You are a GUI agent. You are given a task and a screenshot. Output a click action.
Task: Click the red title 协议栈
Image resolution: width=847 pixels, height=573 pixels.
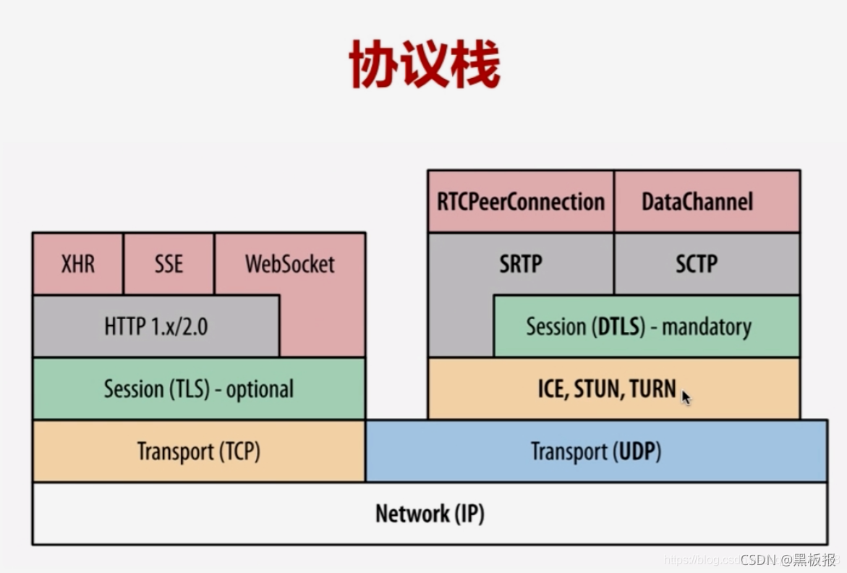coord(424,64)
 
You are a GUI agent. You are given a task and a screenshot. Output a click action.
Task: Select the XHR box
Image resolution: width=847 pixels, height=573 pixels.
coord(77,263)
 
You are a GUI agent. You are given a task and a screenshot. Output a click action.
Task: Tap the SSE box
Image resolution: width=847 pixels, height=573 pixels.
coord(169,263)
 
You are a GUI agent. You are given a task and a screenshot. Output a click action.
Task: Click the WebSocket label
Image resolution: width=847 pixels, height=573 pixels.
coord(289,263)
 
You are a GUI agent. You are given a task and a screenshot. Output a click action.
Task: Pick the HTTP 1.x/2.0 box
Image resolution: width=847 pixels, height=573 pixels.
coord(156,326)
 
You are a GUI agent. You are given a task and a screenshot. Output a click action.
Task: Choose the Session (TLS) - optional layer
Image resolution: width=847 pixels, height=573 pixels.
coord(198,389)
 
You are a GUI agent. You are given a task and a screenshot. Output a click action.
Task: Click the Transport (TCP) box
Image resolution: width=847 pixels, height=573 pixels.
coord(198,451)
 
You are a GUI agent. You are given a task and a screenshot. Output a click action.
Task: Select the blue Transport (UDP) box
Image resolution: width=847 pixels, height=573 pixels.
coord(596,451)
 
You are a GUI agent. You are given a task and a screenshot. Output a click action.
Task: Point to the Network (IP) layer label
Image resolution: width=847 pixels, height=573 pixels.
coord(430,514)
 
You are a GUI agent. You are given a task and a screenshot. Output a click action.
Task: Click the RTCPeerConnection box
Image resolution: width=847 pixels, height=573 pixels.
coord(520,201)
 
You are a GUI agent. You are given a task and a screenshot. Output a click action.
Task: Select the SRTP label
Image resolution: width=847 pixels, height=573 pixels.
coord(520,264)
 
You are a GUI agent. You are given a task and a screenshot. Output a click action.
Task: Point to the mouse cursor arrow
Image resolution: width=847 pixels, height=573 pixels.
coord(686,396)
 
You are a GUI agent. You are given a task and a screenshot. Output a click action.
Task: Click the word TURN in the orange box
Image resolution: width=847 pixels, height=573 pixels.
coord(652,389)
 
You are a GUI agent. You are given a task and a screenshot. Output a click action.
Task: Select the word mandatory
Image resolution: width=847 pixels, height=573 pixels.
coord(707,326)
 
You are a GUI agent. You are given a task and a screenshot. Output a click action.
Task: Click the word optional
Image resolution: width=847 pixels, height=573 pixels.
coord(260,389)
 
